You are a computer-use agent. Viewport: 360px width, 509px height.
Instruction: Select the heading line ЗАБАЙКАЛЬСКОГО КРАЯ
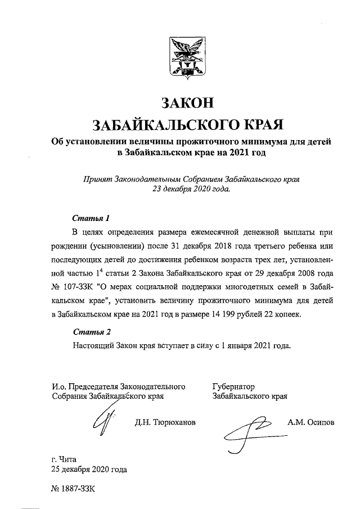click(x=188, y=124)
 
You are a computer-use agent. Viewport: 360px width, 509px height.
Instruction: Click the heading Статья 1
click(x=89, y=218)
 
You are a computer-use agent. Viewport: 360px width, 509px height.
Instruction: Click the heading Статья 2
click(x=89, y=331)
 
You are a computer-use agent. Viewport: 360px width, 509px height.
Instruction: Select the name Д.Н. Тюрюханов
click(x=165, y=422)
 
